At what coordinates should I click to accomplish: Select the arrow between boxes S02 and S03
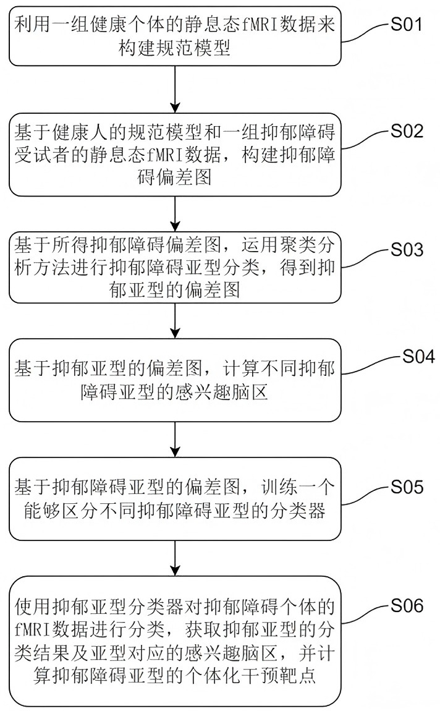coord(177,210)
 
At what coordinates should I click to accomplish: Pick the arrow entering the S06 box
coord(177,560)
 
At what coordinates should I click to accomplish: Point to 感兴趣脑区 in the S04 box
coord(218,391)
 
